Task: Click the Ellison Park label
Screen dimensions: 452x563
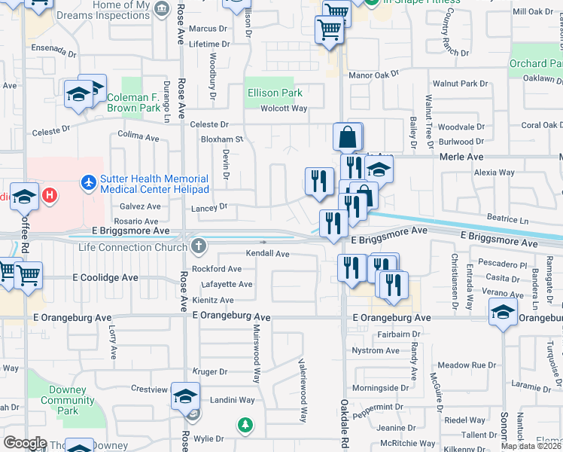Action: (x=275, y=93)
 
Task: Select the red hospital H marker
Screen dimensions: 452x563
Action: (x=50, y=196)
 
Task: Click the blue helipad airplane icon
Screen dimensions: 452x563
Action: (x=89, y=182)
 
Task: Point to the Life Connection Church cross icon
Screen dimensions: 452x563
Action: (x=198, y=246)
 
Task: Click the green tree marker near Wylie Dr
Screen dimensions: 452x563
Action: (x=245, y=426)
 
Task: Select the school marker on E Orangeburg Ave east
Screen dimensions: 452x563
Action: (x=502, y=311)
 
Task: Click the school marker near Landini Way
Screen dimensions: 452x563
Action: (x=185, y=396)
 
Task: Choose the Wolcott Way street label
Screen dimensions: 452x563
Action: (x=284, y=108)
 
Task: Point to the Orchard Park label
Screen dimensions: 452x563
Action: (x=537, y=64)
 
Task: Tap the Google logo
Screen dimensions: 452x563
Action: (x=26, y=442)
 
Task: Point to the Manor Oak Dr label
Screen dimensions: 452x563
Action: (x=373, y=75)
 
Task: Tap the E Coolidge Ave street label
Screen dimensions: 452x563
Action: (x=105, y=277)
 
